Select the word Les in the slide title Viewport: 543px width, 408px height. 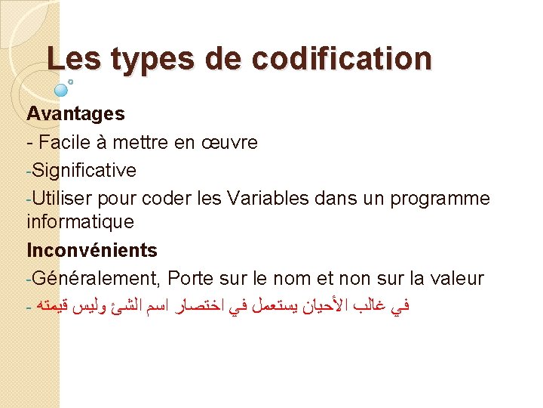pos(74,58)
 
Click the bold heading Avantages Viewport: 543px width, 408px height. pos(75,114)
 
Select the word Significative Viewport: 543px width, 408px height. pos(84,170)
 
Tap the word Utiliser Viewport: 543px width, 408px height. pos(61,198)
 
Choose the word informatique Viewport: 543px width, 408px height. pos(80,222)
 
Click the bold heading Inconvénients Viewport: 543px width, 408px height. pos(92,250)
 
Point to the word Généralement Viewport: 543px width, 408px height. pos(97,278)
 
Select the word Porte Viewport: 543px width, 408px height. pos(192,278)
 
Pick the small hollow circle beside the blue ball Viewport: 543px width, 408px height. pos(70,80)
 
